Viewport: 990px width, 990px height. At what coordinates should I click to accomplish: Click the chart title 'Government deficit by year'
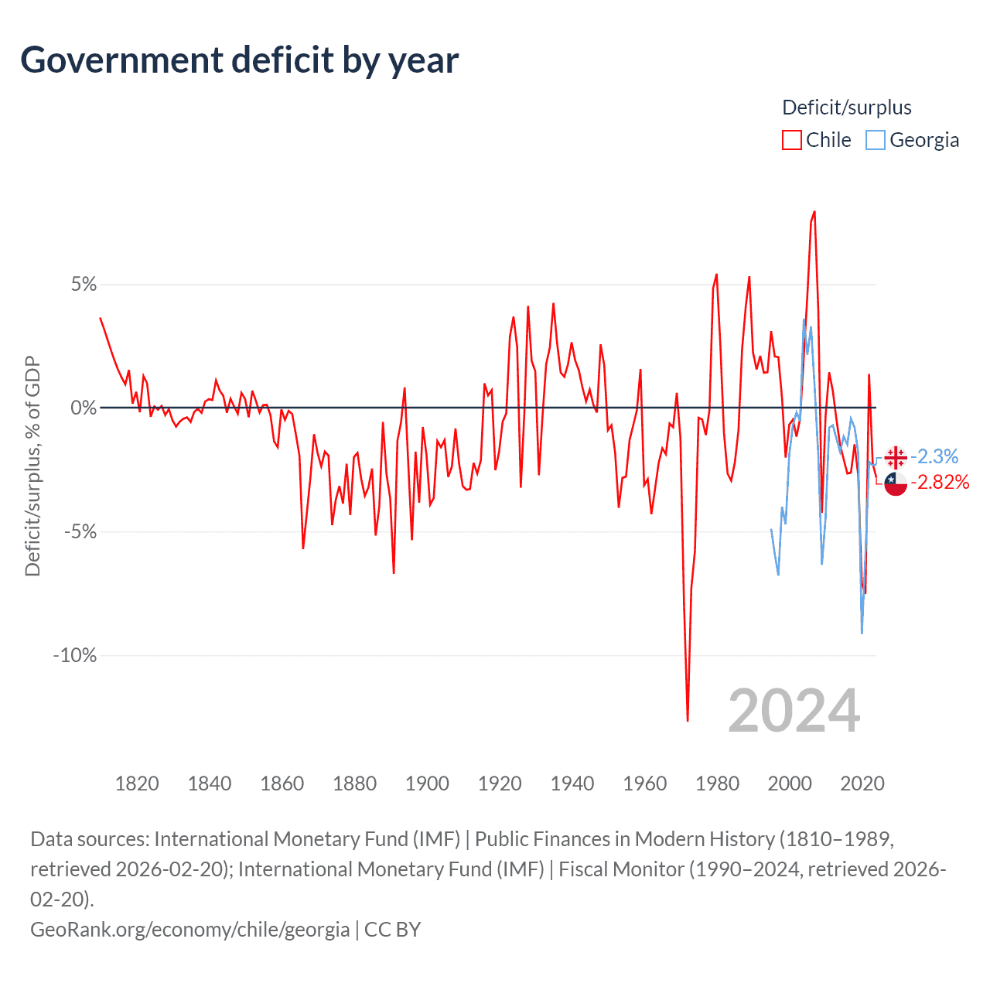pos(240,60)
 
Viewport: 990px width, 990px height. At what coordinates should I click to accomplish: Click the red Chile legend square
pos(792,140)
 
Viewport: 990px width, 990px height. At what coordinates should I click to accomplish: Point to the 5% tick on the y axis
pos(84,285)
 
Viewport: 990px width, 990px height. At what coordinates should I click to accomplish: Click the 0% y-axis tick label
pos(84,408)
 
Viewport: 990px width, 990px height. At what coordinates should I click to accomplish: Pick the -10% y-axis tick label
pos(75,656)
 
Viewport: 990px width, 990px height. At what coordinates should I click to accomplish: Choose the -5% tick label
pos(80,532)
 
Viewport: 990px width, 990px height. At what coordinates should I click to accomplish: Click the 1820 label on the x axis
pos(137,783)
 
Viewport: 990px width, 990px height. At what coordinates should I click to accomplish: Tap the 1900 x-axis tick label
pos(427,783)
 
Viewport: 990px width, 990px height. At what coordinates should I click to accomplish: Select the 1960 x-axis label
pos(645,783)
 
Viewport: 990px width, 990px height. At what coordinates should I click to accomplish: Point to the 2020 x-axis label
pos(862,783)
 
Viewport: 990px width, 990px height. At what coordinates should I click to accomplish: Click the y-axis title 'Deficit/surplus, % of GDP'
pos(32,466)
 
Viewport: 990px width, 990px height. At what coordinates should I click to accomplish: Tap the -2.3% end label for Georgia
pos(934,456)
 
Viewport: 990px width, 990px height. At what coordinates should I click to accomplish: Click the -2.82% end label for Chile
pos(940,483)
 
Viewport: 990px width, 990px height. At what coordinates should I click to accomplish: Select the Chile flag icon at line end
pos(896,484)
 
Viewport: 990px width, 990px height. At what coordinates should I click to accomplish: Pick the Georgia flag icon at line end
pos(896,457)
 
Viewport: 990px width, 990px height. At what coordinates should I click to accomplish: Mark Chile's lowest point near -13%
pos(688,721)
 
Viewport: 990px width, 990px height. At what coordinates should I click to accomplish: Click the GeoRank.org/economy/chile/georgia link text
pos(190,929)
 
